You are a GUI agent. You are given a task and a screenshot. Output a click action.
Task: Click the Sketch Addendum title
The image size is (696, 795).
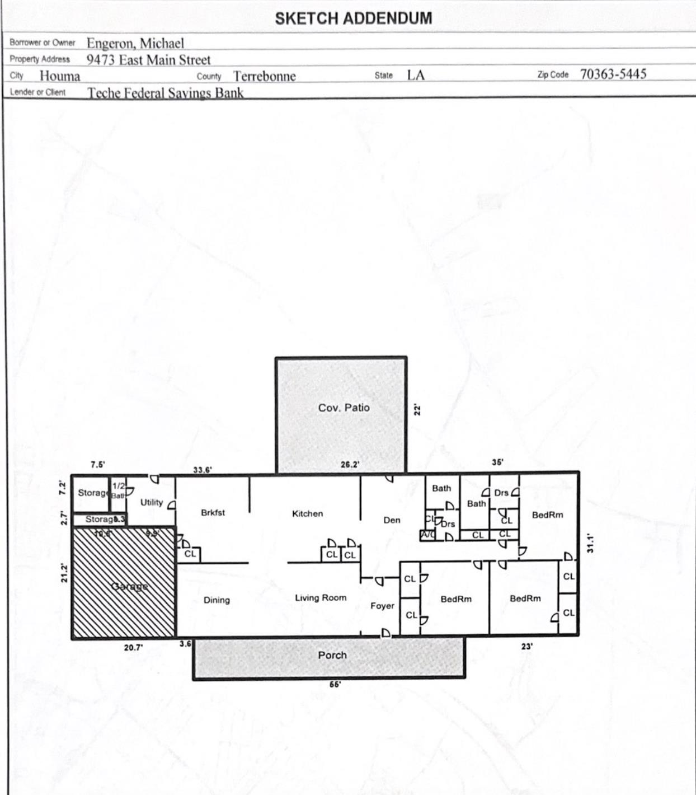pos(353,18)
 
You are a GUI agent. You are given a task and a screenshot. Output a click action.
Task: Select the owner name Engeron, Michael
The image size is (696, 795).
pos(135,43)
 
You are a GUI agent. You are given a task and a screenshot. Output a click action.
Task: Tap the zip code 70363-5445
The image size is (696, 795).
pos(613,74)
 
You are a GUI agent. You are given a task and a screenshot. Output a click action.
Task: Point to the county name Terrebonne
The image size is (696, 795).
pos(264,76)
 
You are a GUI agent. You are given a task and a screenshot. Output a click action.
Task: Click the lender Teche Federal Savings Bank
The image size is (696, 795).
pos(165,93)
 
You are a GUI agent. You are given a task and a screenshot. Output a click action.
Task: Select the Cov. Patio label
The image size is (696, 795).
pos(344,408)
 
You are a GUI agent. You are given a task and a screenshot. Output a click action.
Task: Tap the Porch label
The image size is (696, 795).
pos(332,655)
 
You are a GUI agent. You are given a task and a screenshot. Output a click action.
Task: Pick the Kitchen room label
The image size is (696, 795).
pos(307,513)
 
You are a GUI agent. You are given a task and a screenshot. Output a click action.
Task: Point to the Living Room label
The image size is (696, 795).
pos(321,598)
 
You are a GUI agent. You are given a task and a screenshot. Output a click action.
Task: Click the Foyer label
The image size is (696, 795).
pos(382,606)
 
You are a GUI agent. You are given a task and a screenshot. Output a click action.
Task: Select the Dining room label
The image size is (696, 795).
pos(217,600)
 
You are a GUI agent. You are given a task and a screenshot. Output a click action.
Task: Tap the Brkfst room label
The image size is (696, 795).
pos(213,512)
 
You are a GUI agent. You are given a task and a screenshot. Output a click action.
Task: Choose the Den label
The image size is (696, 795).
pos(392,520)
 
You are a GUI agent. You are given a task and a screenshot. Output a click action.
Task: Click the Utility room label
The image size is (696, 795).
pos(152,502)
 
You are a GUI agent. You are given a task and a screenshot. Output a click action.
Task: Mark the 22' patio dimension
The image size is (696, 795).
pos(417,409)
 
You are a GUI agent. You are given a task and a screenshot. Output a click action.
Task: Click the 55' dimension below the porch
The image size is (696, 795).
pos(335,684)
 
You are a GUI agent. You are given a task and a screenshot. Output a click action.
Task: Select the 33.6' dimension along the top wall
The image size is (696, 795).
pos(202,470)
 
